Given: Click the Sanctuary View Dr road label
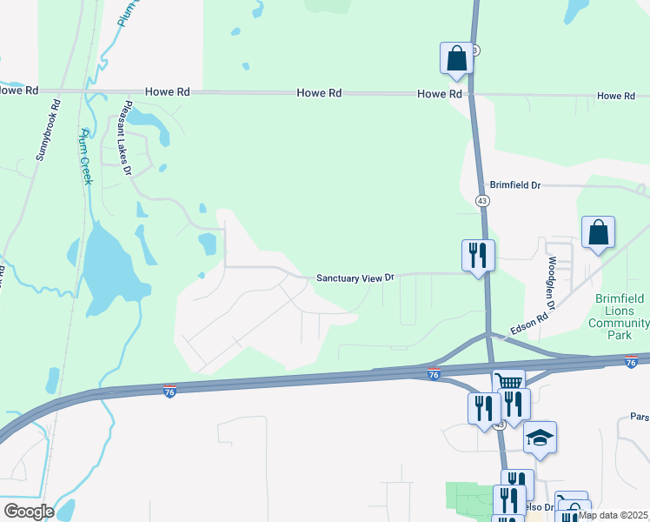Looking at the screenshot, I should coord(355,278).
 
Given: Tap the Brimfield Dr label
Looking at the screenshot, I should coord(515,185).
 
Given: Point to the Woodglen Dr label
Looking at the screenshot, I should coord(550,284).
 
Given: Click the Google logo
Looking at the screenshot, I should coord(28,512).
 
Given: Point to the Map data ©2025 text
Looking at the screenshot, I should coord(613,515).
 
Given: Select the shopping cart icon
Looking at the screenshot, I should coord(508,382).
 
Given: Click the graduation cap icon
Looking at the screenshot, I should coord(540,438).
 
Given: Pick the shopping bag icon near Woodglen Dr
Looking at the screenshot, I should coord(598,232).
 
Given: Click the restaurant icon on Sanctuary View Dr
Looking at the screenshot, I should coord(477,255).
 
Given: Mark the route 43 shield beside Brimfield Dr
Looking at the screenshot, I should coord(482,200).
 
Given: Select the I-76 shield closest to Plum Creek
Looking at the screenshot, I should coord(170,391).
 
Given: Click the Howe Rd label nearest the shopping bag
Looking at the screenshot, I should coord(439,94).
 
